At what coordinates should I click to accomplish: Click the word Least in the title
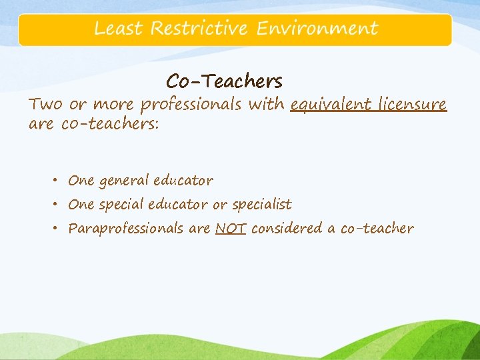point(119,29)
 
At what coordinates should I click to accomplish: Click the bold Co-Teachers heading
point(225,81)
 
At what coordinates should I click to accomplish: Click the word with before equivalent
point(267,104)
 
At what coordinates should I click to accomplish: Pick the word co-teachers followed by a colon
point(110,125)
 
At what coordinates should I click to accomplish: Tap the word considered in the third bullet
point(286,229)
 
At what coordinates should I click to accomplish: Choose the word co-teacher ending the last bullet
point(377,229)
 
